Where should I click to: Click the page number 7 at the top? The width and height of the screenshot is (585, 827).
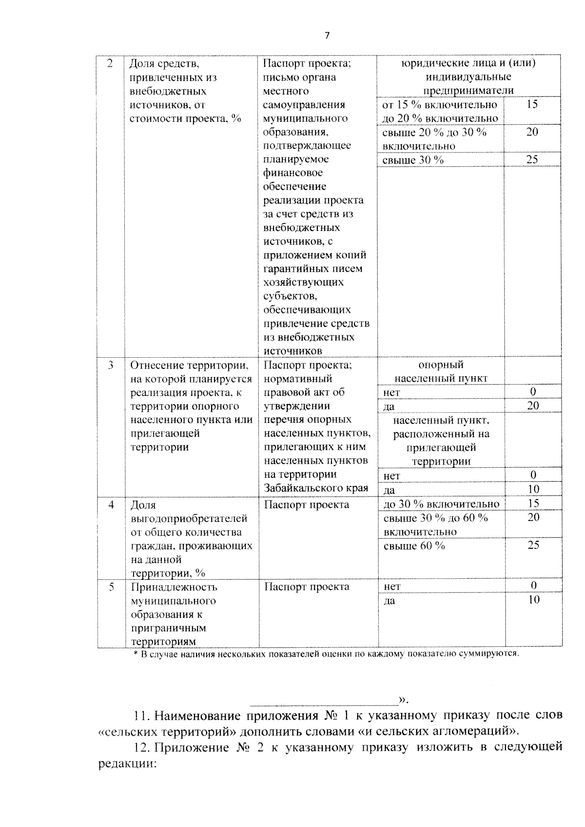pos(327,36)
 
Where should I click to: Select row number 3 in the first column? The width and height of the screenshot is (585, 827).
pos(111,365)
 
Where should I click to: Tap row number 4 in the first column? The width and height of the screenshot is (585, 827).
pos(111,504)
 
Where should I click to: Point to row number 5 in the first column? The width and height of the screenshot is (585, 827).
pos(111,587)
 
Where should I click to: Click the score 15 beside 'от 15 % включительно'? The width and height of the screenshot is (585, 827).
pos(532,104)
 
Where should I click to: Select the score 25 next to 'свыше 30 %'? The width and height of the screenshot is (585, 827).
pos(532,159)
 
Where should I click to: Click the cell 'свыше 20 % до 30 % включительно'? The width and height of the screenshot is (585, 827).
pos(434,139)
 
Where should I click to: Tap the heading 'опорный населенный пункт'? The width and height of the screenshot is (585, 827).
pos(441,371)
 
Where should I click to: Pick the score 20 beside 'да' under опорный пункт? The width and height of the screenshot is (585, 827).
pos(533,405)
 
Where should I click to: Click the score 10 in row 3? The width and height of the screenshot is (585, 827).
pos(533,489)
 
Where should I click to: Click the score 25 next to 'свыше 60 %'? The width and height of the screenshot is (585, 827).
pos(533,545)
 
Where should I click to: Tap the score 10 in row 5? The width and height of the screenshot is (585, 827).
pos(534,599)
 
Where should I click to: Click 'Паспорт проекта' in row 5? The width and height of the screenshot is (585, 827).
pos(307,586)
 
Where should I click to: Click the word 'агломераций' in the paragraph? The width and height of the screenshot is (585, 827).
pos(470,731)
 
